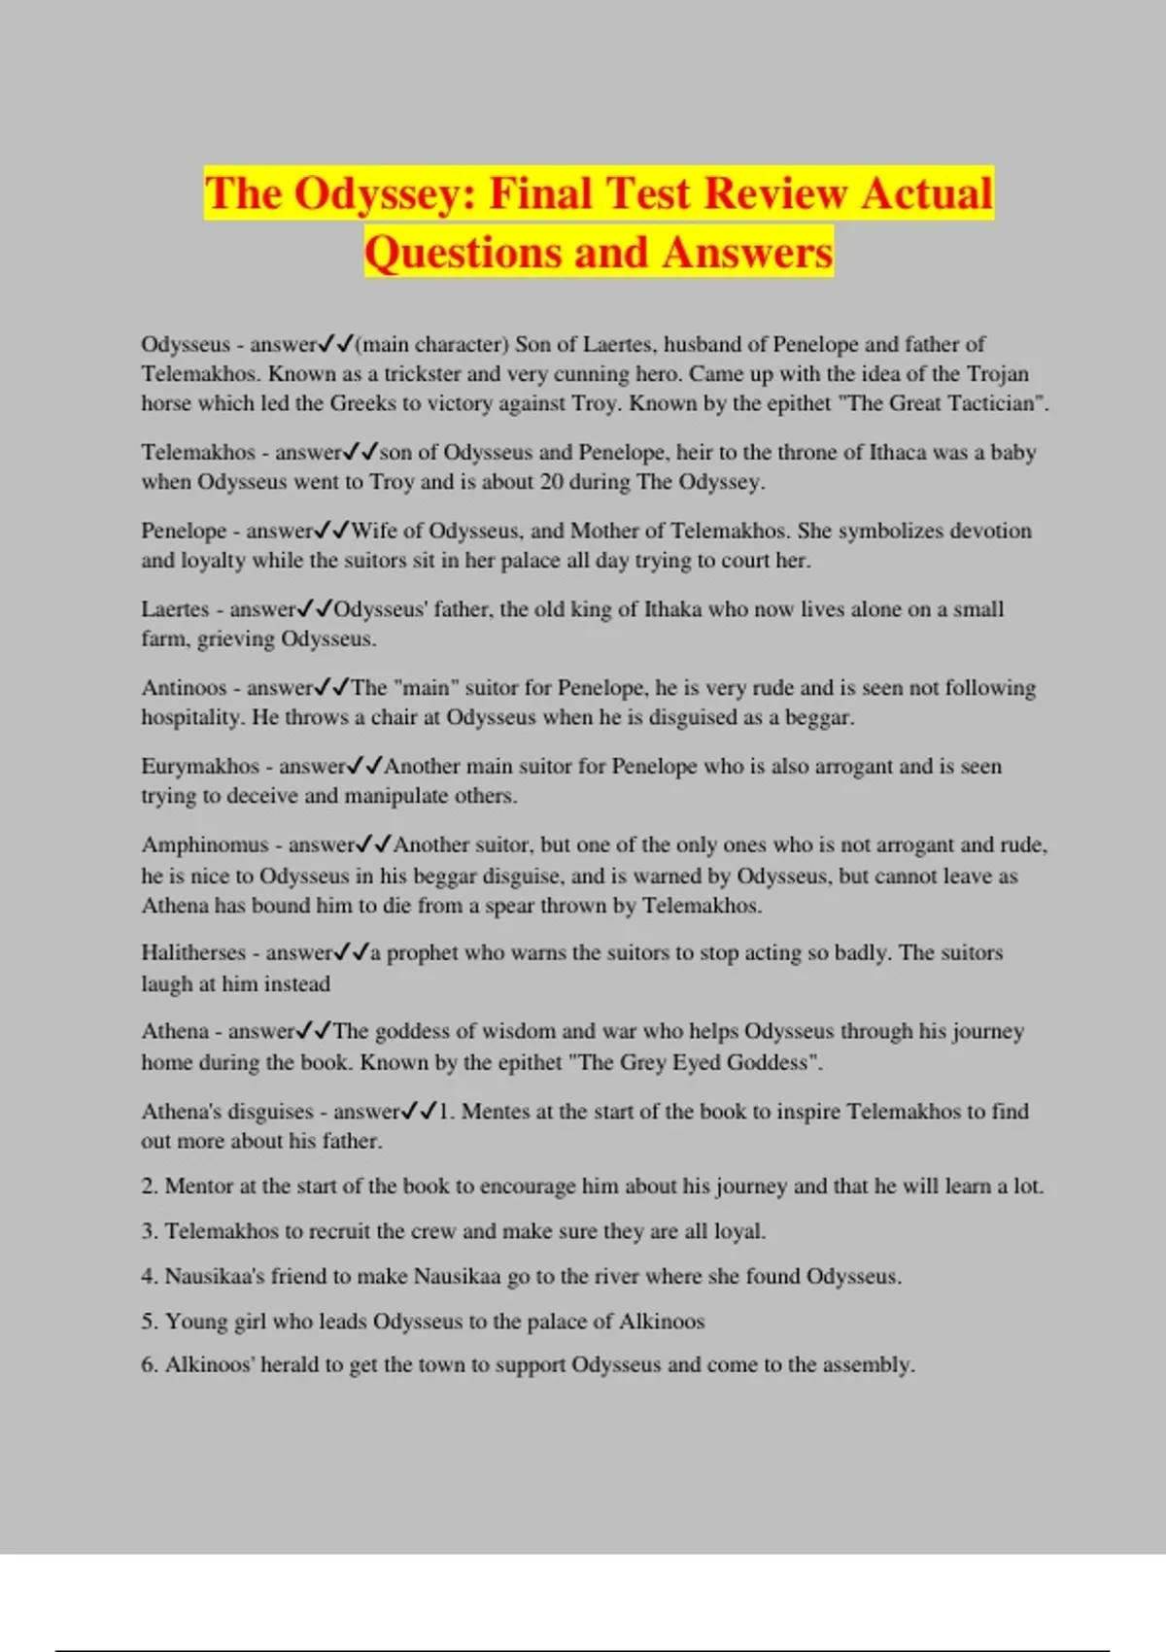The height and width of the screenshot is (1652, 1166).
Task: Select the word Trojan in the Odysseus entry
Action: click(998, 374)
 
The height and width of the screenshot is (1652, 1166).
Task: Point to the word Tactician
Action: click(992, 404)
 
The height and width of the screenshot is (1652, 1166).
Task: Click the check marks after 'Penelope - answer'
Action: click(331, 531)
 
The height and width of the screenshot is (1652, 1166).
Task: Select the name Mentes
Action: click(495, 1112)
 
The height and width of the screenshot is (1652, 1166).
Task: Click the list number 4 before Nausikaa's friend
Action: click(148, 1277)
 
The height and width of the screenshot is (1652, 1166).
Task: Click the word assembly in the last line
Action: click(868, 1365)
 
